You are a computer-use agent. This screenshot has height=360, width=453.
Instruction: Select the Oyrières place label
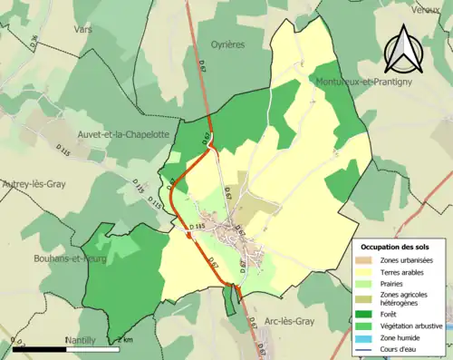coord(229,44)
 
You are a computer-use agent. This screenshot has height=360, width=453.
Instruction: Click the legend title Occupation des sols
coord(397,247)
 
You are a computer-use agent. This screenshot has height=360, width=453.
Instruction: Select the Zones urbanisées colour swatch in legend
coord(368,260)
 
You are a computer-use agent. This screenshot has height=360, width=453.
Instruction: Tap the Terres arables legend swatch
coord(368,272)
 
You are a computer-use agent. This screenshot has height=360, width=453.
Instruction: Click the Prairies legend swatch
coord(368,283)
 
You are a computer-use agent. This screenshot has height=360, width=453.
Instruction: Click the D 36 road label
coord(34,41)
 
